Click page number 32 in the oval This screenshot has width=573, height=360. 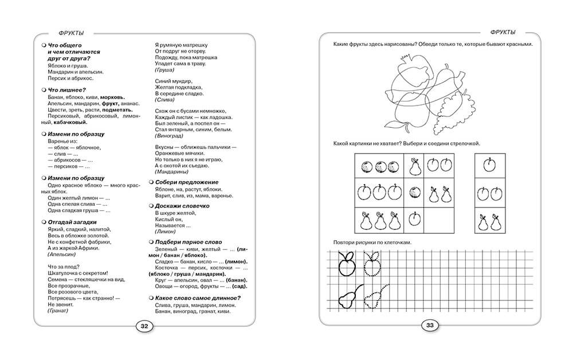pyautogui.click(x=144, y=326)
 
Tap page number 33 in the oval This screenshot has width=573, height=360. pyautogui.click(x=429, y=326)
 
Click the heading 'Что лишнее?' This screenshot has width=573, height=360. pyautogui.click(x=67, y=89)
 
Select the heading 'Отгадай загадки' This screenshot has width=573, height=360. pyautogui.click(x=72, y=222)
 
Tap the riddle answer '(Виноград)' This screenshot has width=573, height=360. pyautogui.click(x=170, y=136)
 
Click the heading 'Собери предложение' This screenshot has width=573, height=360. pyautogui.click(x=187, y=182)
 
